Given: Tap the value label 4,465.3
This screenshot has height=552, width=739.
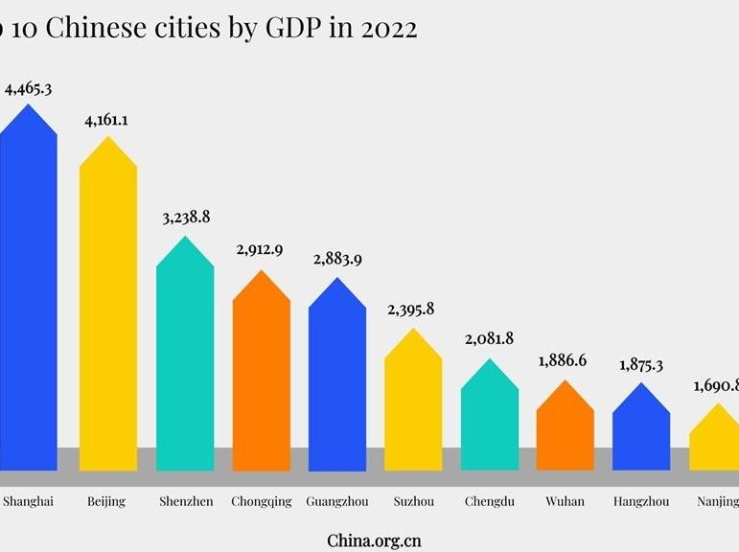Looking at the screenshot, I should tap(28, 89).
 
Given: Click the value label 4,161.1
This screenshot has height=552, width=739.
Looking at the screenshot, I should tap(107, 121).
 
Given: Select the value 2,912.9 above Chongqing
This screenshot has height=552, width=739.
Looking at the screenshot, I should tap(261, 251).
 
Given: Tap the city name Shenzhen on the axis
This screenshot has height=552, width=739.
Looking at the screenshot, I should tap(185, 501).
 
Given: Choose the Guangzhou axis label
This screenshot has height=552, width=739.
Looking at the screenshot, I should tap(336, 501).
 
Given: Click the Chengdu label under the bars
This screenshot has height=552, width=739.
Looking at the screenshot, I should tap(490, 501).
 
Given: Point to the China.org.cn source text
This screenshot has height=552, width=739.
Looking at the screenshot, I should tap(374, 540).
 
